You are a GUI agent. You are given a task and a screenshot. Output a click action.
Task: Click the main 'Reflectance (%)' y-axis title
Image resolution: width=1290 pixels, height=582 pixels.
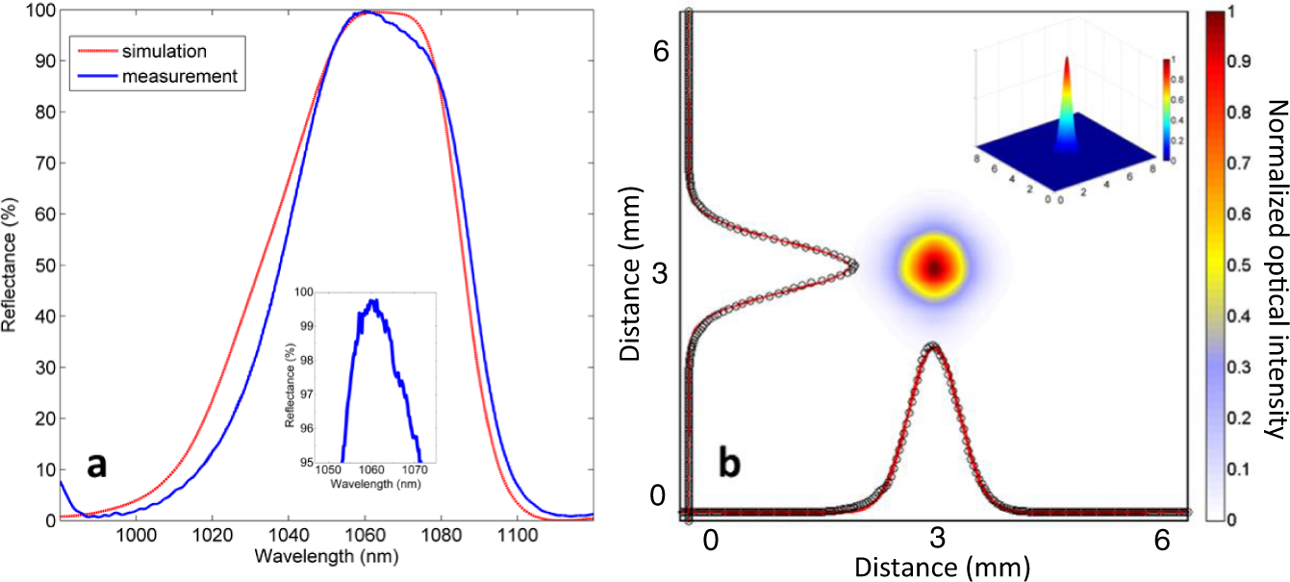11,265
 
